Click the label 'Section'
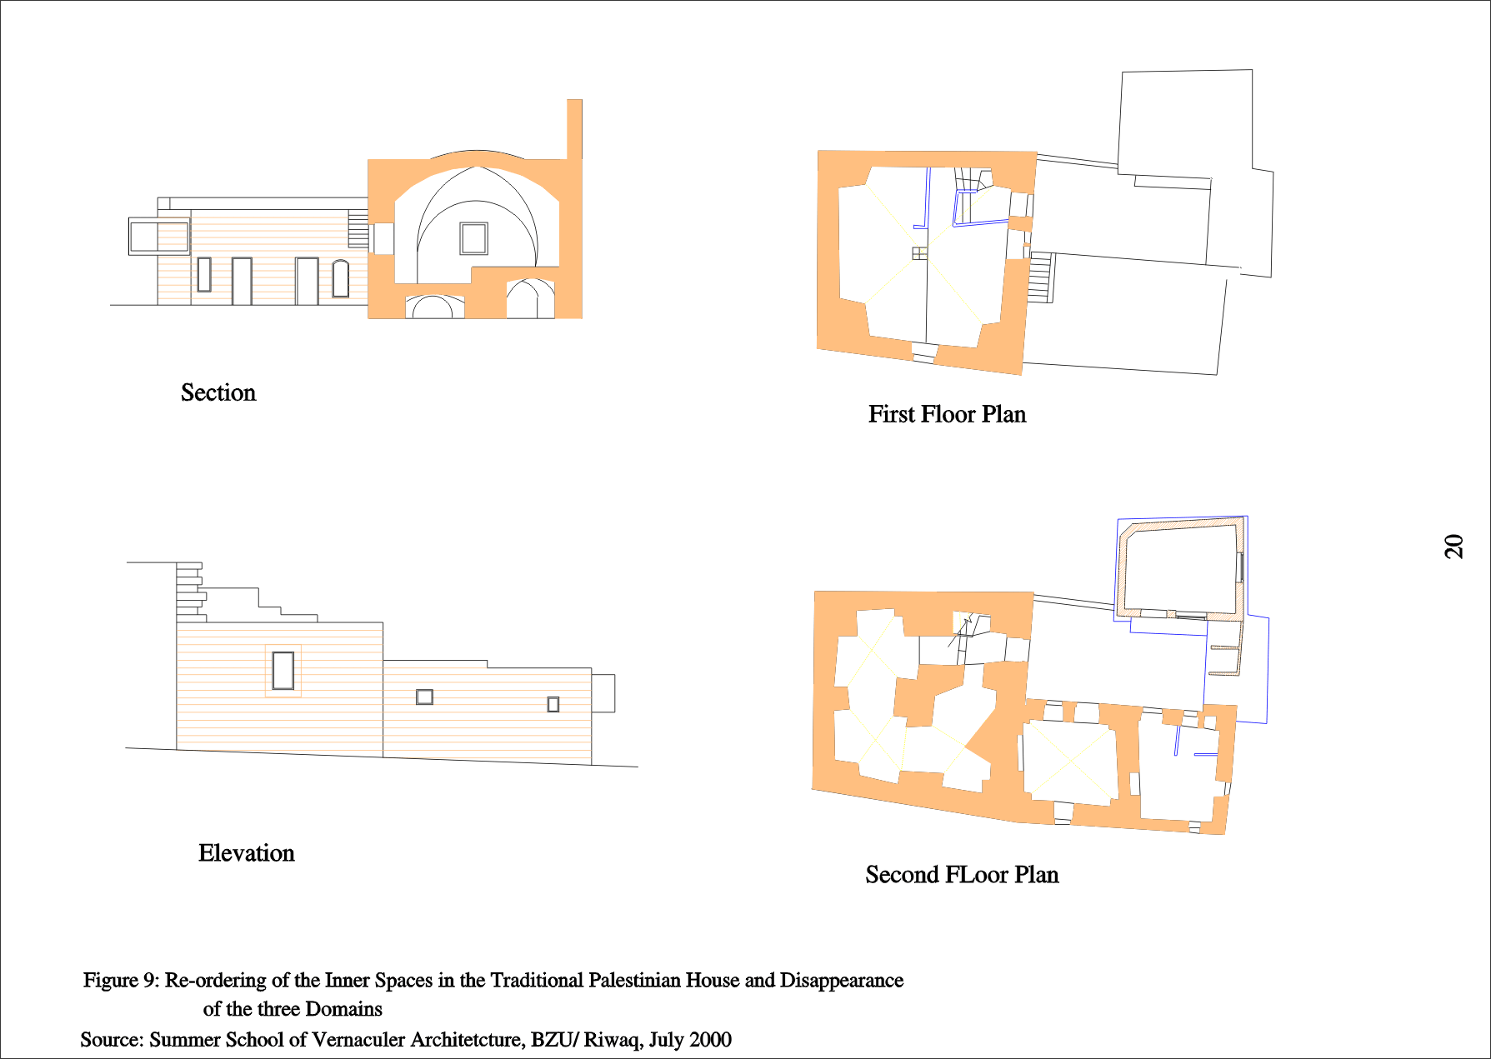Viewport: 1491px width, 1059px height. [x=218, y=392]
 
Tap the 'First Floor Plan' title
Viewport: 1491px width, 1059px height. [x=947, y=414]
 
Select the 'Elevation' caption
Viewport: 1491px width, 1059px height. [x=247, y=853]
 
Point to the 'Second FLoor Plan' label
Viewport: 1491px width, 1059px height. [x=962, y=874]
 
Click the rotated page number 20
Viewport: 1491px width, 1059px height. [x=1453, y=546]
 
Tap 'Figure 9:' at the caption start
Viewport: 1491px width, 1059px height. [x=121, y=981]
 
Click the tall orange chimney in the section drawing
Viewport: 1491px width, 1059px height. [x=574, y=129]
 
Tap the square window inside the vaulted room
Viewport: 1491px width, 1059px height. [x=473, y=238]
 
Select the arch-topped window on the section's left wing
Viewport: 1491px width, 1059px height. [x=340, y=278]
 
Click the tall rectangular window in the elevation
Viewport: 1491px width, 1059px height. [x=283, y=670]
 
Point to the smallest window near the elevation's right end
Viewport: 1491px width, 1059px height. [x=553, y=704]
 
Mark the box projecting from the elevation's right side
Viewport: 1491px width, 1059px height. [x=603, y=693]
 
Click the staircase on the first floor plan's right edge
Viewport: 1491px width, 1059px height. [x=1040, y=277]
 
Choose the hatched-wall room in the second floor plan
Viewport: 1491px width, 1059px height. [x=1180, y=568]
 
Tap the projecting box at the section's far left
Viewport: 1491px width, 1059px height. [x=158, y=236]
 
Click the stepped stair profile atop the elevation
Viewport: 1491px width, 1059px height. [x=190, y=592]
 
